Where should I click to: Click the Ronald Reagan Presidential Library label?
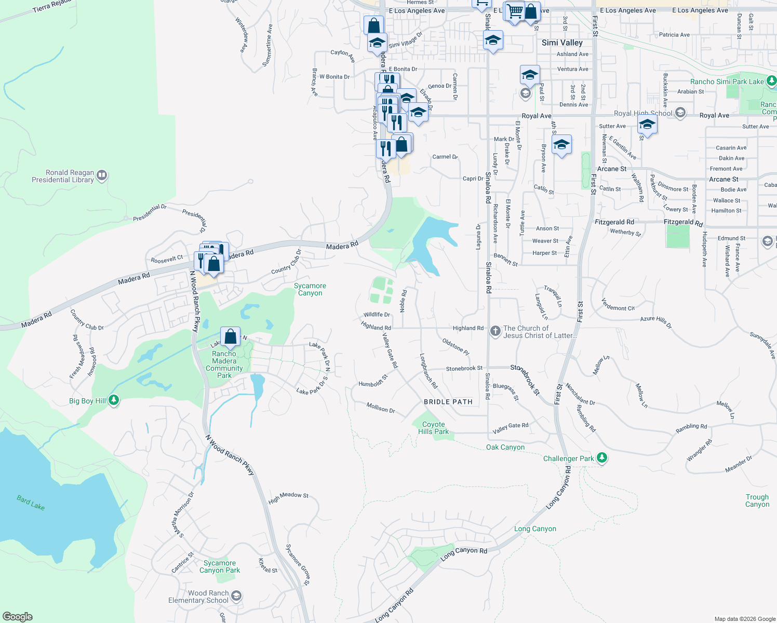(63, 176)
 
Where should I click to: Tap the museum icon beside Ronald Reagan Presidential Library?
(102, 175)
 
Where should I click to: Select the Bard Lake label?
(31, 503)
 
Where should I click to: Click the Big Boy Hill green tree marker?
(114, 400)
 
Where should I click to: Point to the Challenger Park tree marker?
(602, 458)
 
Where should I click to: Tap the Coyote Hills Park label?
(433, 428)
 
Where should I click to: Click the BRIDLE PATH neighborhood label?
(448, 402)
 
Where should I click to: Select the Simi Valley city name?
(562, 43)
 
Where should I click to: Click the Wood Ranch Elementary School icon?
(236, 596)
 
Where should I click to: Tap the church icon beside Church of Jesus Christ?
(495, 331)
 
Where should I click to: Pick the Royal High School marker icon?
(680, 113)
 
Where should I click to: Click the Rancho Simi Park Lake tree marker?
(771, 81)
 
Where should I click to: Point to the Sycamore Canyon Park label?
(220, 566)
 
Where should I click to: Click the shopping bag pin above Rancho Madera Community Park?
(230, 336)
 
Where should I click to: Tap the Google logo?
(18, 617)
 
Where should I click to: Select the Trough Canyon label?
(757, 500)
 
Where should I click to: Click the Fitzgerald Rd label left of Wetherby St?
(614, 222)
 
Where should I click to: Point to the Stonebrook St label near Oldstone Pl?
(464, 368)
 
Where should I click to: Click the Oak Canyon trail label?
(505, 447)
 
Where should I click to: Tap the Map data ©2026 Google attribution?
(745, 619)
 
